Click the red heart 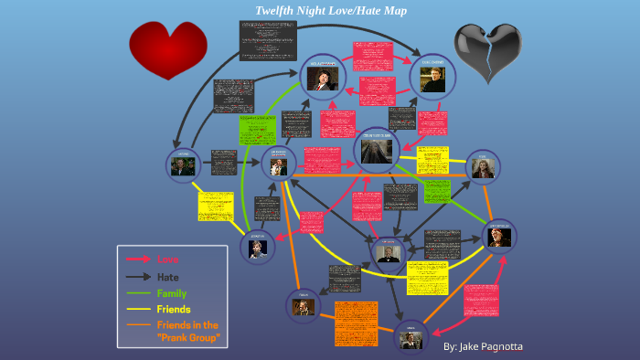167,49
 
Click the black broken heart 487,51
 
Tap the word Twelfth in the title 277,11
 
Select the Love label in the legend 167,259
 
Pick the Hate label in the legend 167,276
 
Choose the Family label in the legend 171,292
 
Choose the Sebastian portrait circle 260,247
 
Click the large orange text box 356,323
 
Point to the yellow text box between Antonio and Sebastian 216,206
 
